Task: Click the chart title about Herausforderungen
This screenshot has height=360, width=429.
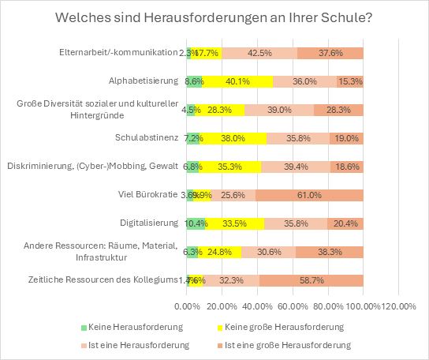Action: pos(214,18)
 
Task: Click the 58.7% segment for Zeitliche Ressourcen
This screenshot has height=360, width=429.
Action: pos(311,280)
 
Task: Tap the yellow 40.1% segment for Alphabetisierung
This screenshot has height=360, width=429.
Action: pos(237,81)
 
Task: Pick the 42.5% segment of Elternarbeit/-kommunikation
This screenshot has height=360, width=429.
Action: pos(259,53)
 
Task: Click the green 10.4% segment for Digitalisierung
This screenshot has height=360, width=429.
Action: pos(196,223)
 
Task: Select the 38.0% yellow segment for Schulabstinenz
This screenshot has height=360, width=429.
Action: pos(233,138)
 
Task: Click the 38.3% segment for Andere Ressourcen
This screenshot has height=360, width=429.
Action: pos(329,252)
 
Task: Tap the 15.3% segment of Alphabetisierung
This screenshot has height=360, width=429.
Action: pos(349,81)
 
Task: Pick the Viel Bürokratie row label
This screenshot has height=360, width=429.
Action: pos(148,195)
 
